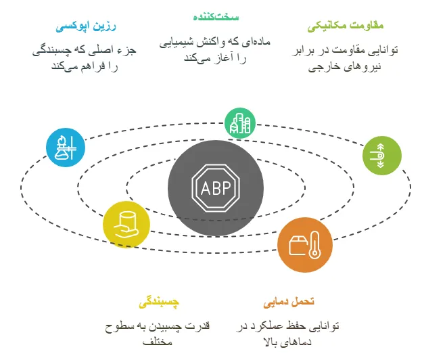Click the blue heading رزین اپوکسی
click(x=86, y=27)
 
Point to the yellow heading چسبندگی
click(x=159, y=301)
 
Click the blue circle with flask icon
click(x=66, y=147)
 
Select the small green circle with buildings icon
click(x=240, y=123)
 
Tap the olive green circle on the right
click(x=381, y=155)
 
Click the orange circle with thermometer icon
click(x=305, y=245)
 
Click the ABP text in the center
click(x=215, y=187)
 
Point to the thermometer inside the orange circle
click(x=314, y=246)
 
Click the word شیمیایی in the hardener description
click(x=178, y=42)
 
